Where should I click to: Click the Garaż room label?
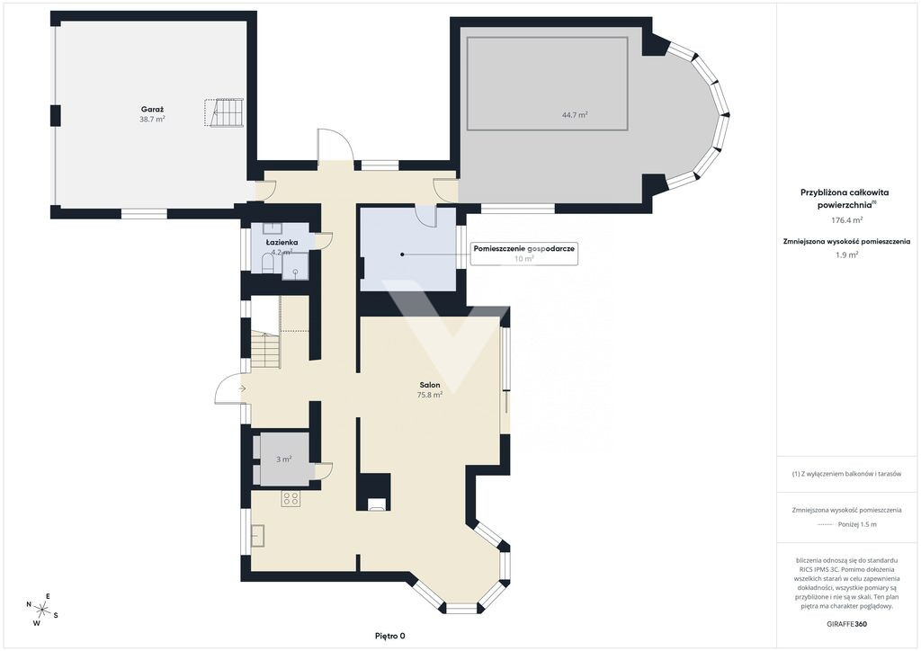coord(152,109)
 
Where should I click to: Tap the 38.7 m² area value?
coord(152,120)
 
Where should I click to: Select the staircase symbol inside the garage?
coord(224,112)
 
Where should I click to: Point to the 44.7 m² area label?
coord(575,115)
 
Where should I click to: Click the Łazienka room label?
coord(282,243)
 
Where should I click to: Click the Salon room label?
coord(429,385)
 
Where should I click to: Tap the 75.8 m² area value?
coord(429,395)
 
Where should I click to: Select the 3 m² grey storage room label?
coord(283,459)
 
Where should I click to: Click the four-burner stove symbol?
coord(291,499)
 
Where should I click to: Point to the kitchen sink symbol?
coord(258,535)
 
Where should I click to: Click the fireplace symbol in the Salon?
coord(377,504)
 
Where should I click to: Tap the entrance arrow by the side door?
coord(242,388)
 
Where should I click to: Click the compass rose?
coord(42,610)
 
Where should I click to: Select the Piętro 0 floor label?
coord(390,636)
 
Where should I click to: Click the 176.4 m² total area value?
coord(846,220)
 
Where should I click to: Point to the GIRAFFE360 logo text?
coord(846,624)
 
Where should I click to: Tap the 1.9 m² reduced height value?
coord(846,254)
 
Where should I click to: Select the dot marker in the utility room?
coord(402,254)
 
